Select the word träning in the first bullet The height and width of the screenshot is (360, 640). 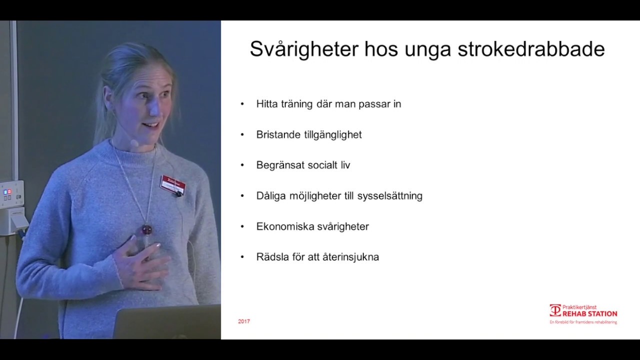point(296,104)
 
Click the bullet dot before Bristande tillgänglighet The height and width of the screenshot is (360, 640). point(242,134)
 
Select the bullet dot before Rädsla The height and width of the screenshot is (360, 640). point(242,257)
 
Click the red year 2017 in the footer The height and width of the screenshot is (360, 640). point(244,321)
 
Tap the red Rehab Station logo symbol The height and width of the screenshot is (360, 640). point(555,310)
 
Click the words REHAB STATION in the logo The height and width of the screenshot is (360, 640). point(590,314)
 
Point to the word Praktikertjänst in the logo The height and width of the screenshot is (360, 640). point(579,307)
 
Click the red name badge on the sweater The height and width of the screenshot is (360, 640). point(172,184)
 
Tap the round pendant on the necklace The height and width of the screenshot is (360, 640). point(146,229)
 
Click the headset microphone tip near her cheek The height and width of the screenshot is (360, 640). point(134,143)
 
